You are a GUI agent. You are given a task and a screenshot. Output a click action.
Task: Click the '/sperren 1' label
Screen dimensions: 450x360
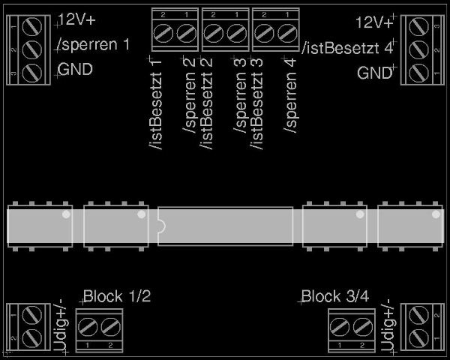[94, 45]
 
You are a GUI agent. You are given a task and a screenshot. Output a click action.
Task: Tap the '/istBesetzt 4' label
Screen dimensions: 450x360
[347, 48]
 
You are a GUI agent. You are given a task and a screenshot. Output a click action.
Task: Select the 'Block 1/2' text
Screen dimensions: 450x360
[117, 296]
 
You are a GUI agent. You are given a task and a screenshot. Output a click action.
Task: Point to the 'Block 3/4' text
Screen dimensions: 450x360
[335, 296]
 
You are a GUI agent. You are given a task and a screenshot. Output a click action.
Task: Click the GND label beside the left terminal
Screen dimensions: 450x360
[75, 69]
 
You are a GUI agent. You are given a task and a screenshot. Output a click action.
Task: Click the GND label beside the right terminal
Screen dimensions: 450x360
[374, 73]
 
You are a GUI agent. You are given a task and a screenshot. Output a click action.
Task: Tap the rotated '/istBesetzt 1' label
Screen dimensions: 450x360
[155, 104]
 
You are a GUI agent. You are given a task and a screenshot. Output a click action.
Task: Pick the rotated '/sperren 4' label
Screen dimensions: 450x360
[289, 96]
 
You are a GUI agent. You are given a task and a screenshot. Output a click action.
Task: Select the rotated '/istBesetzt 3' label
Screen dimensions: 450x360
[256, 104]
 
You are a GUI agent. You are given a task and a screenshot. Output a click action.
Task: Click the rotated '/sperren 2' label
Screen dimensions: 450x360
[189, 95]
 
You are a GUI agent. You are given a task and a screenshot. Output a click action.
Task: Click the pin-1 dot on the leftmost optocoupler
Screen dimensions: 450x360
[66, 214]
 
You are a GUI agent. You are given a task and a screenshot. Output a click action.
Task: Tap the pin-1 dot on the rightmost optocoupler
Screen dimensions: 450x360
[436, 214]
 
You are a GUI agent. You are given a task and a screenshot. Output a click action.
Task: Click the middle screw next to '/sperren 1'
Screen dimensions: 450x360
[32, 50]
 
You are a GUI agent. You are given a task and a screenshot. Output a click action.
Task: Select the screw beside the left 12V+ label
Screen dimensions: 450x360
[32, 27]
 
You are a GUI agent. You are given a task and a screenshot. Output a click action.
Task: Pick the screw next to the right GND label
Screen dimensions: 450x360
[419, 73]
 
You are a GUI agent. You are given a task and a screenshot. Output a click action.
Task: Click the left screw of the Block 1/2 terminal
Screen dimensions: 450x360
[88, 328]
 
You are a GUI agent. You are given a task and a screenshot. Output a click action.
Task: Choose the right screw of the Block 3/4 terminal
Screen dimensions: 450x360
[363, 328]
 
